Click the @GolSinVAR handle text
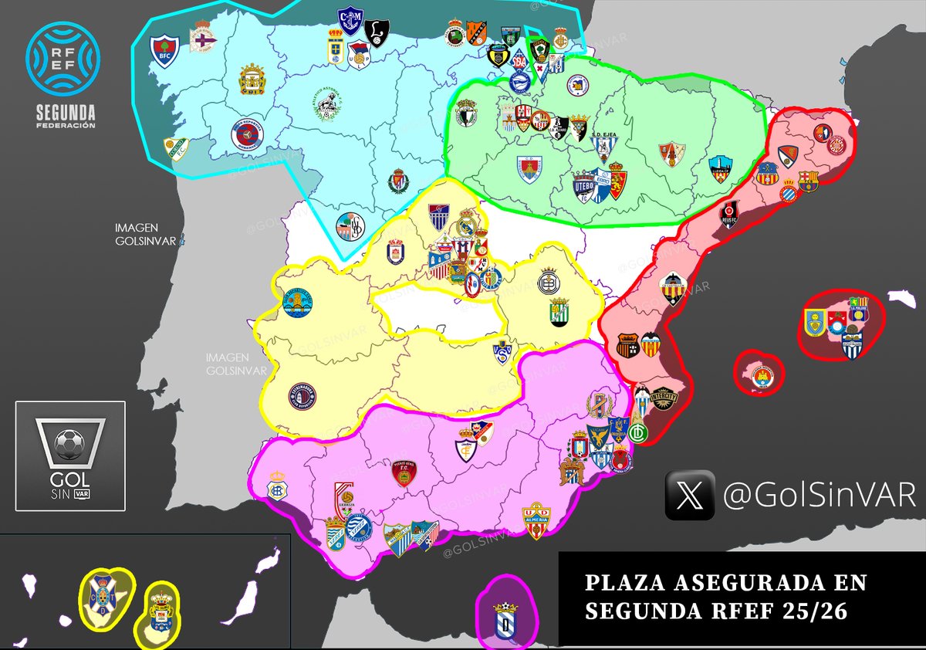(x=819, y=496)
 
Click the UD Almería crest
(x=536, y=520)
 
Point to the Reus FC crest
(x=729, y=214)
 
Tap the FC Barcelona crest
(x=809, y=181)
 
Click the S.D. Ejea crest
(x=603, y=144)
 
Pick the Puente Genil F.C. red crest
(x=400, y=472)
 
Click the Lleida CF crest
(x=720, y=169)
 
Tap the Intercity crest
(x=663, y=398)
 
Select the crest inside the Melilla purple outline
(x=505, y=618)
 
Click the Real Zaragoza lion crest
(x=617, y=185)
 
